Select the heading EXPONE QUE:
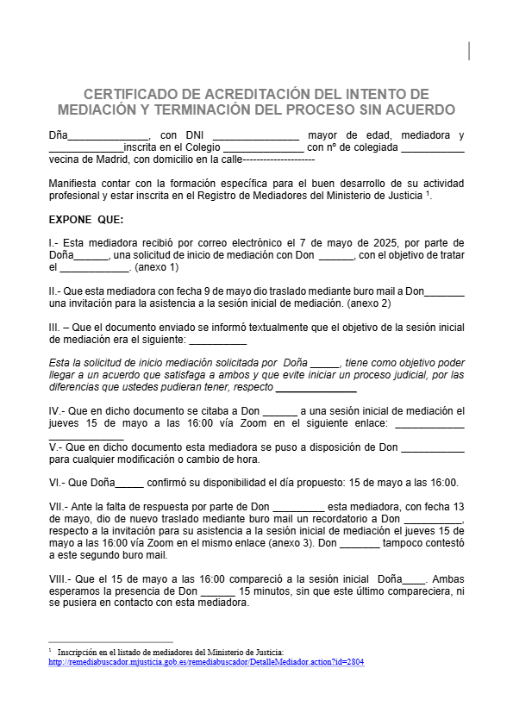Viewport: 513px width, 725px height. (x=86, y=219)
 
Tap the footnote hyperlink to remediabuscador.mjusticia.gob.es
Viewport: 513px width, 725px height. (x=207, y=662)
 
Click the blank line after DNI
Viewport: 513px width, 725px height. (x=255, y=135)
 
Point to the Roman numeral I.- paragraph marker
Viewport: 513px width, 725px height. (x=54, y=243)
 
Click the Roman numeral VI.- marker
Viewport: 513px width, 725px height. (x=57, y=483)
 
